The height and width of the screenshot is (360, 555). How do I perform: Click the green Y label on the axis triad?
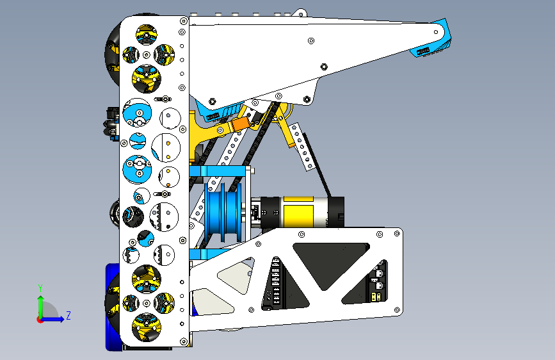point(40,288)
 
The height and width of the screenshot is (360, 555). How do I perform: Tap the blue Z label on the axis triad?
point(68,315)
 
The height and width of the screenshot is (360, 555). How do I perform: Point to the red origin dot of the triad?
point(40,320)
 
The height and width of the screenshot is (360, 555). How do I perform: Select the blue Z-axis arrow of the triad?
point(53,319)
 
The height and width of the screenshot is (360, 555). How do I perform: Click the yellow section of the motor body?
point(298,212)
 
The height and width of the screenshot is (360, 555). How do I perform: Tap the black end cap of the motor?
point(335,212)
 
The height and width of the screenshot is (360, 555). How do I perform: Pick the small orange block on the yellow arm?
point(240,124)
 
